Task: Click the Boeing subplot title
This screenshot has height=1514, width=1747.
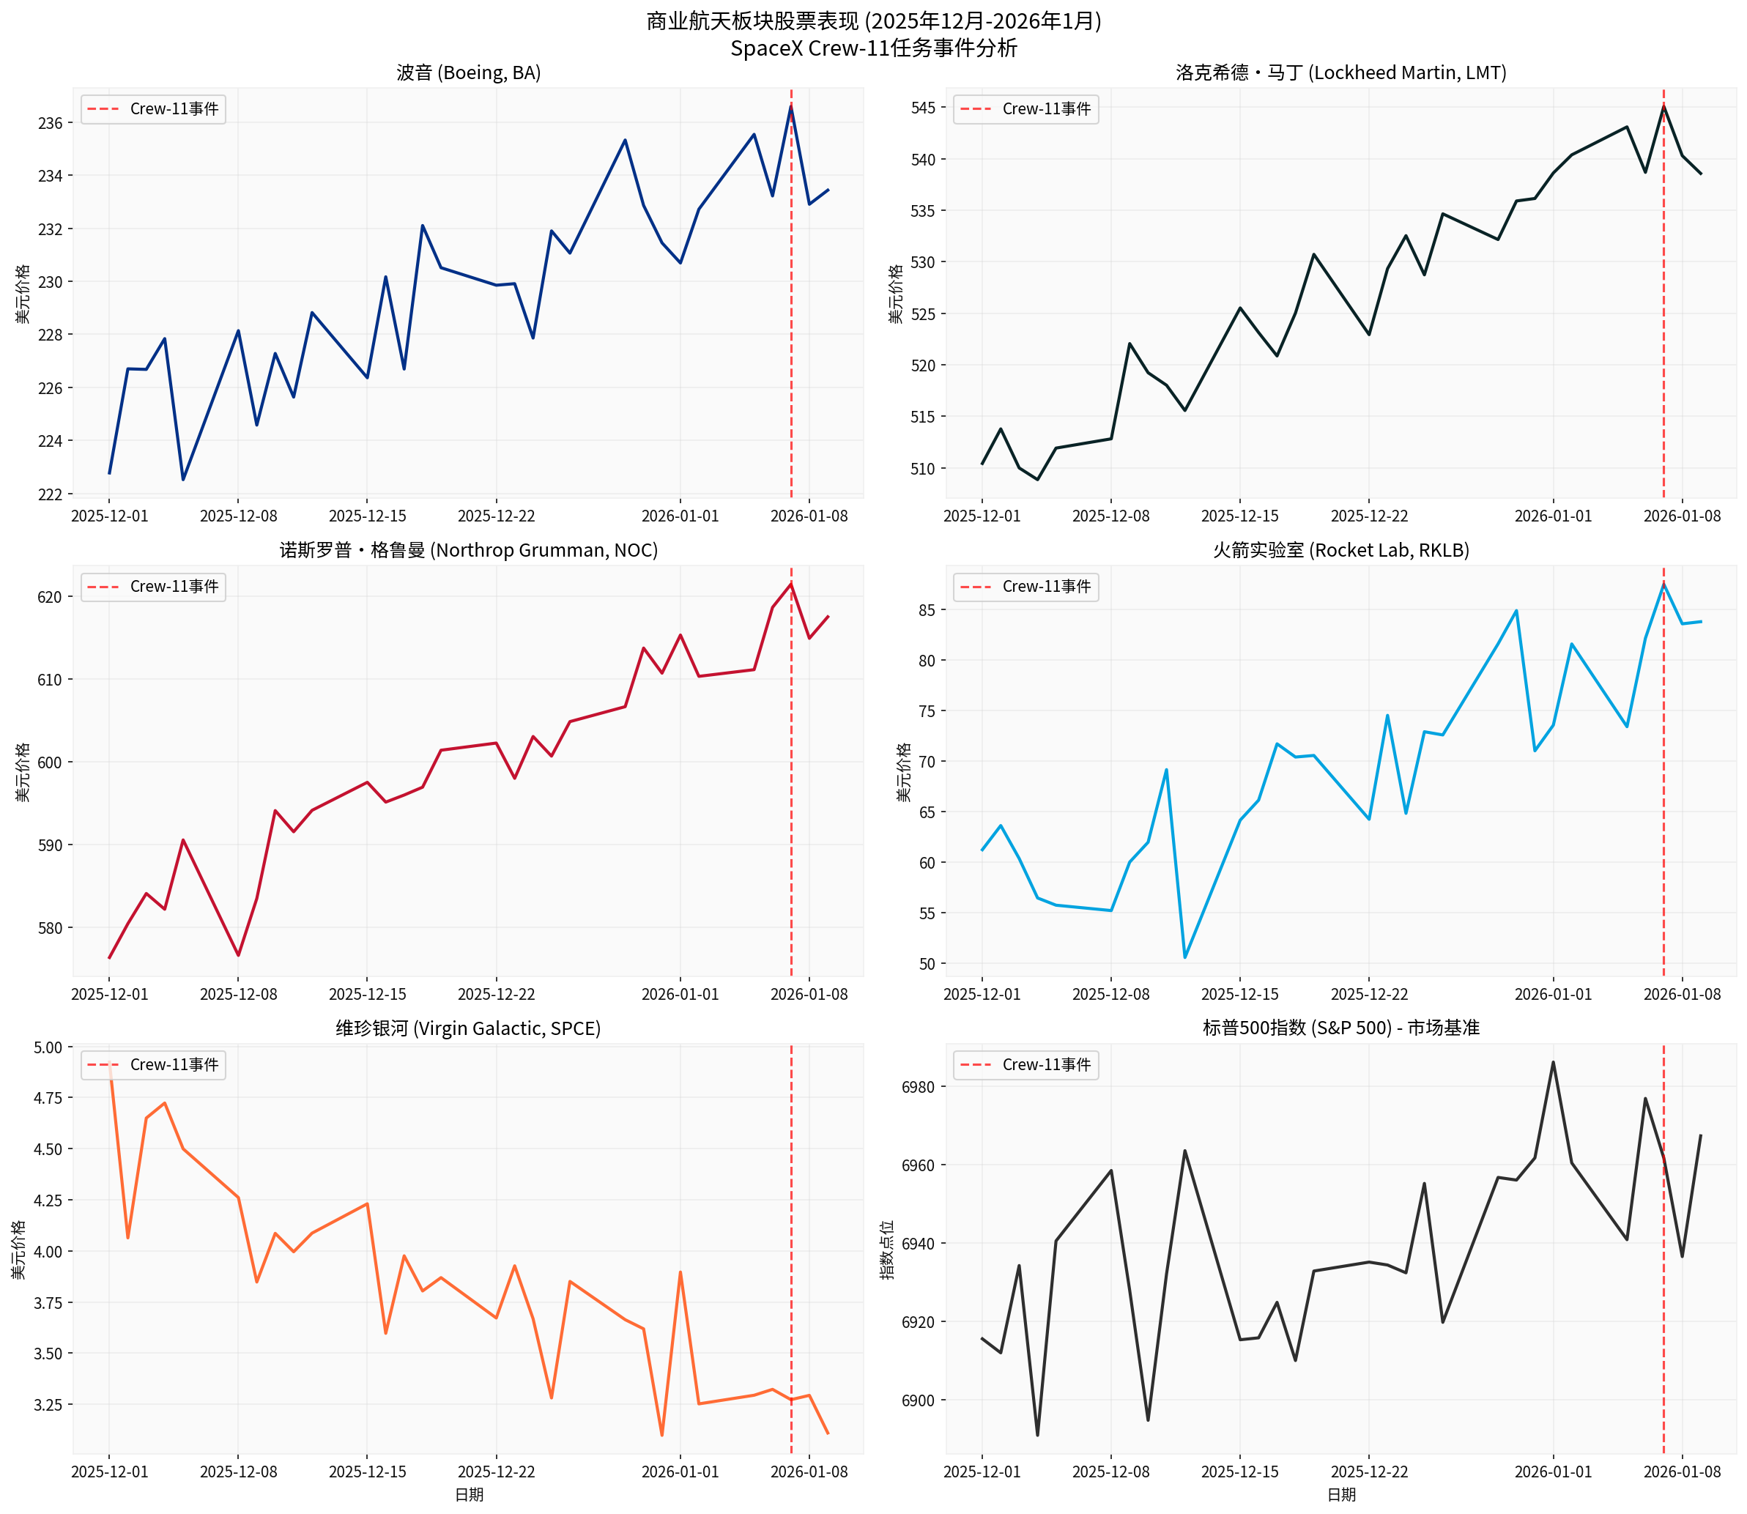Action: [x=468, y=73]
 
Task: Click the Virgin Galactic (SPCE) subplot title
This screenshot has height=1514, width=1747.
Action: [x=468, y=1028]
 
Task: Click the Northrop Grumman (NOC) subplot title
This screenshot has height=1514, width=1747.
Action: [x=468, y=550]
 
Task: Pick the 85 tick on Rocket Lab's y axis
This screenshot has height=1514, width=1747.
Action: [x=927, y=610]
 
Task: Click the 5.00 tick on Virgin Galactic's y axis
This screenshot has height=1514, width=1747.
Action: [x=46, y=1047]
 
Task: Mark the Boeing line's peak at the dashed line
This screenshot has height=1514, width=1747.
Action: [x=790, y=106]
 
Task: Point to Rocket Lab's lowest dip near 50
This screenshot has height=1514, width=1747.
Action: [x=1184, y=957]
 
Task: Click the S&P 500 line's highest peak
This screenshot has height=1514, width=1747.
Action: [x=1552, y=1063]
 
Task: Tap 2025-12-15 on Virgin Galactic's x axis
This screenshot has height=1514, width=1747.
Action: [x=368, y=1472]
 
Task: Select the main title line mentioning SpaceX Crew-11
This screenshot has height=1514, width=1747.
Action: [x=872, y=48]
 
